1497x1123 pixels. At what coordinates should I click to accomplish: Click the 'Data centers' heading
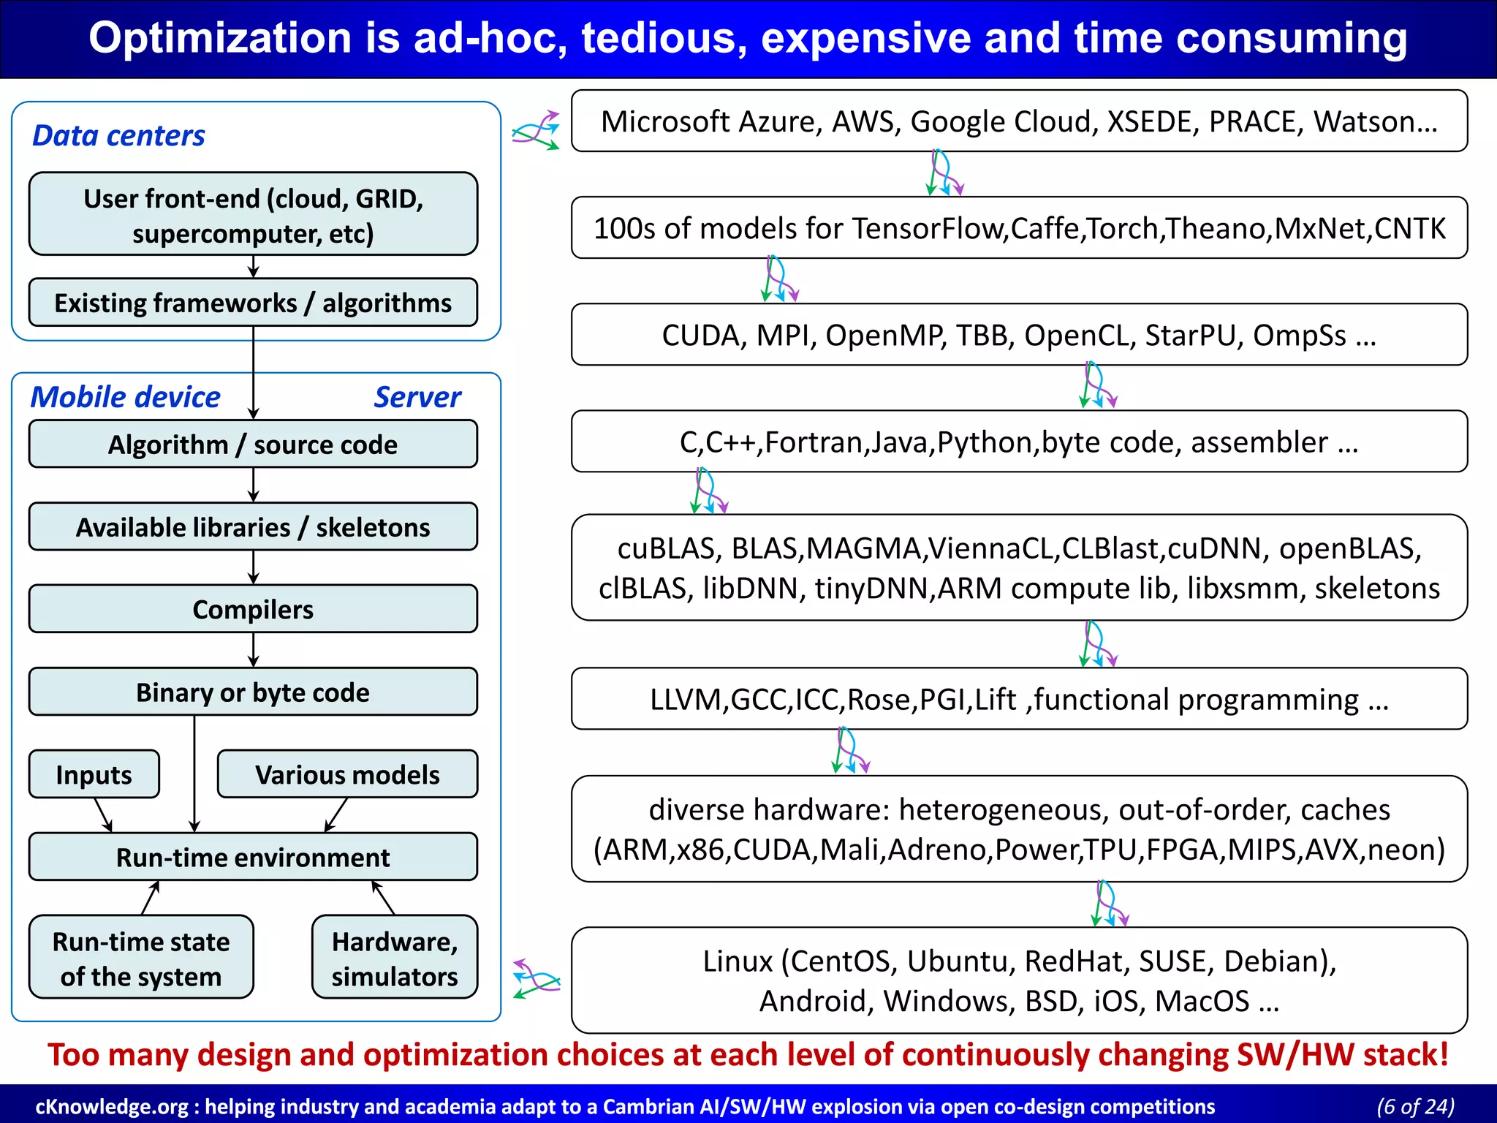118,136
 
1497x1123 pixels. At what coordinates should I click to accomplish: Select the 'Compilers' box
253,609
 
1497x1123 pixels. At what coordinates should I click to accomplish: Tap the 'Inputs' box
94,774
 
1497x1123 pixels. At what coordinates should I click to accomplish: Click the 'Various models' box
347,774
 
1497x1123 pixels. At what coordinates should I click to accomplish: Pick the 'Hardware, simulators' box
395,958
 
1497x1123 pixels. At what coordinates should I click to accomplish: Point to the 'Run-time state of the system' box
141,958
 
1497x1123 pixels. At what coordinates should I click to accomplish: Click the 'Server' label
417,397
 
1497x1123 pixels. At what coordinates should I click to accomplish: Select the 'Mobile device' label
125,397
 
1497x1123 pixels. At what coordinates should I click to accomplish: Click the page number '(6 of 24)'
1415,1105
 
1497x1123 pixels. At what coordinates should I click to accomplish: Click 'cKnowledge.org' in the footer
111,1106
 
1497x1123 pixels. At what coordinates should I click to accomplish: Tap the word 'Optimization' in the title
220,38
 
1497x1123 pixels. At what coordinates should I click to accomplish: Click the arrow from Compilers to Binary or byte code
254,650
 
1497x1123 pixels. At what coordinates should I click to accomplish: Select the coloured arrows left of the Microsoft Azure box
536,131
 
